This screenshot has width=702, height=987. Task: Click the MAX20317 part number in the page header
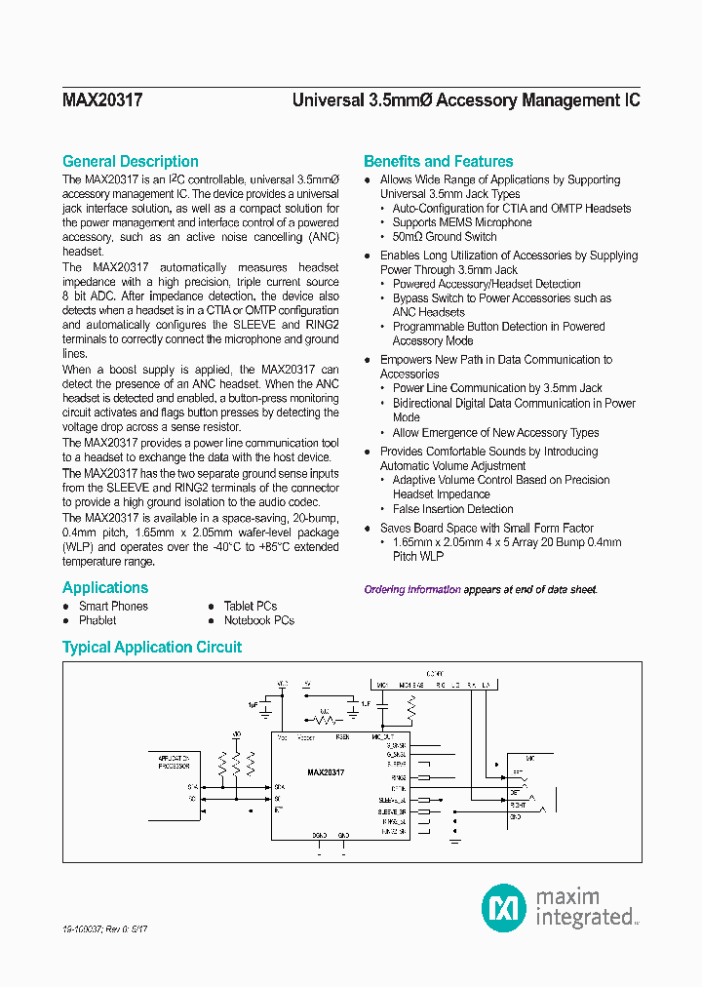pyautogui.click(x=102, y=100)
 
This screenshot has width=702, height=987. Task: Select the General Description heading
pyautogui.click(x=130, y=162)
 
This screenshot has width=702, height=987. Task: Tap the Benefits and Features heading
pyautogui.click(x=438, y=162)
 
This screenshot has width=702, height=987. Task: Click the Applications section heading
pyautogui.click(x=105, y=587)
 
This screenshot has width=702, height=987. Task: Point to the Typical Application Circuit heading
pyautogui.click(x=152, y=648)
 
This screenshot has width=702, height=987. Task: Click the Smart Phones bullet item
pyautogui.click(x=113, y=606)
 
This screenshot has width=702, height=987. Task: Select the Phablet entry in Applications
pyautogui.click(x=97, y=620)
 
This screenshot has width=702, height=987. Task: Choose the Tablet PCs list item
pyautogui.click(x=251, y=606)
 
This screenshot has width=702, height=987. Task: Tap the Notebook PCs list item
pyautogui.click(x=258, y=620)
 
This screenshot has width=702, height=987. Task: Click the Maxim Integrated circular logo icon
pyautogui.click(x=504, y=907)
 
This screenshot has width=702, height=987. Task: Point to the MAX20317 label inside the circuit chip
pyautogui.click(x=326, y=771)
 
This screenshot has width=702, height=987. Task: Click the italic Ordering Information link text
pyautogui.click(x=412, y=589)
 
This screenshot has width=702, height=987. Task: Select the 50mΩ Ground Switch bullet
pyautogui.click(x=444, y=237)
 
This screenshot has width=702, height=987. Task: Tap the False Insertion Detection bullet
pyautogui.click(x=452, y=509)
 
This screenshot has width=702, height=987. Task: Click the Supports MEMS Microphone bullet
pyautogui.click(x=462, y=222)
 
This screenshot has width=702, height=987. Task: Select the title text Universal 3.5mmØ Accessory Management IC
pyautogui.click(x=466, y=100)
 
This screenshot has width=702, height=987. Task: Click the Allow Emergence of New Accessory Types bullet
pyautogui.click(x=495, y=433)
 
